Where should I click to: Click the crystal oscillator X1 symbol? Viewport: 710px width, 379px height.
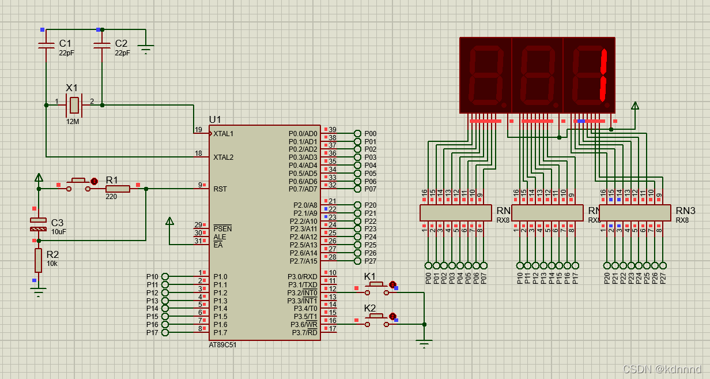(74, 105)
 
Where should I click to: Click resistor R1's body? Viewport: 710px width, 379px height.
(118, 189)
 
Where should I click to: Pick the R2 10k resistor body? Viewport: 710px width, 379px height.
(38, 260)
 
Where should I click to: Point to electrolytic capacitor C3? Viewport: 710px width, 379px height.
(38, 224)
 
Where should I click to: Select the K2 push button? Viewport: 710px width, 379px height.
(377, 317)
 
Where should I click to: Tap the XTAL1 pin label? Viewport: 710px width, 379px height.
(223, 134)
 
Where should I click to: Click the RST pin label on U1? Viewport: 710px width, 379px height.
(220, 189)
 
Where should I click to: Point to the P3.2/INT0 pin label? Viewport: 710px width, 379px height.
(303, 293)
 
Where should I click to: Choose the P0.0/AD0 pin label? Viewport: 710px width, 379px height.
(303, 134)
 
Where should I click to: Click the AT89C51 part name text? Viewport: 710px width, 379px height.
(222, 345)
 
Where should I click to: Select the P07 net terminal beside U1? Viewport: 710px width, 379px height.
(358, 189)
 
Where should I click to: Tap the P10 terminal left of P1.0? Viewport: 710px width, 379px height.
(165, 277)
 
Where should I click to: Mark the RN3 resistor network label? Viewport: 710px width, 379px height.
(685, 211)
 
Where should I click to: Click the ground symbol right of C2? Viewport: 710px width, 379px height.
(146, 50)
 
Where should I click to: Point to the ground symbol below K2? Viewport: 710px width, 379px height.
(424, 344)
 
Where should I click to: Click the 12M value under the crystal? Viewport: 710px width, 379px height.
(73, 122)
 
